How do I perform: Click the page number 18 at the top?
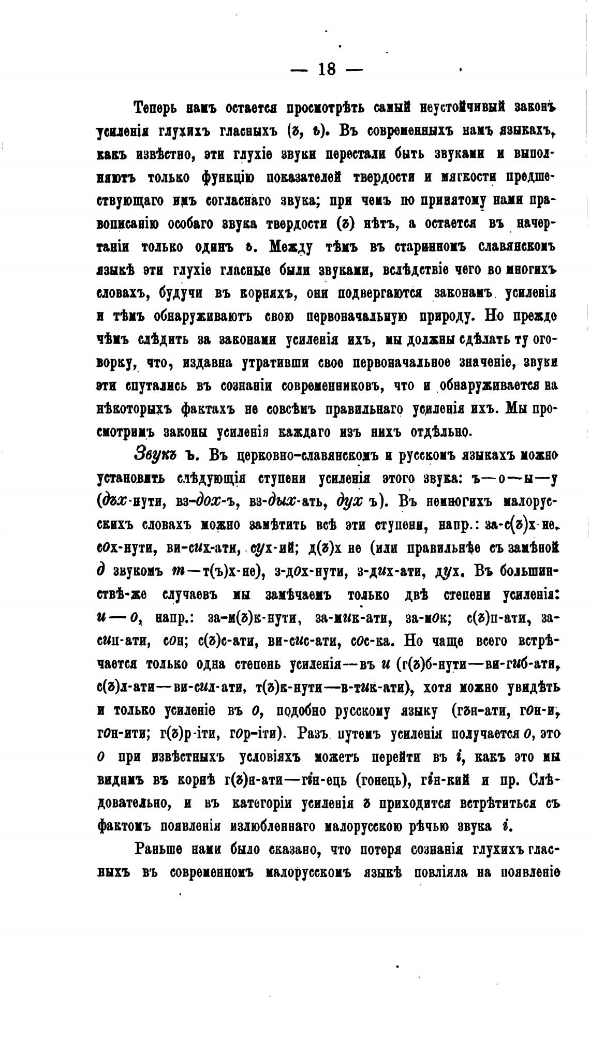pyautogui.click(x=327, y=69)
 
